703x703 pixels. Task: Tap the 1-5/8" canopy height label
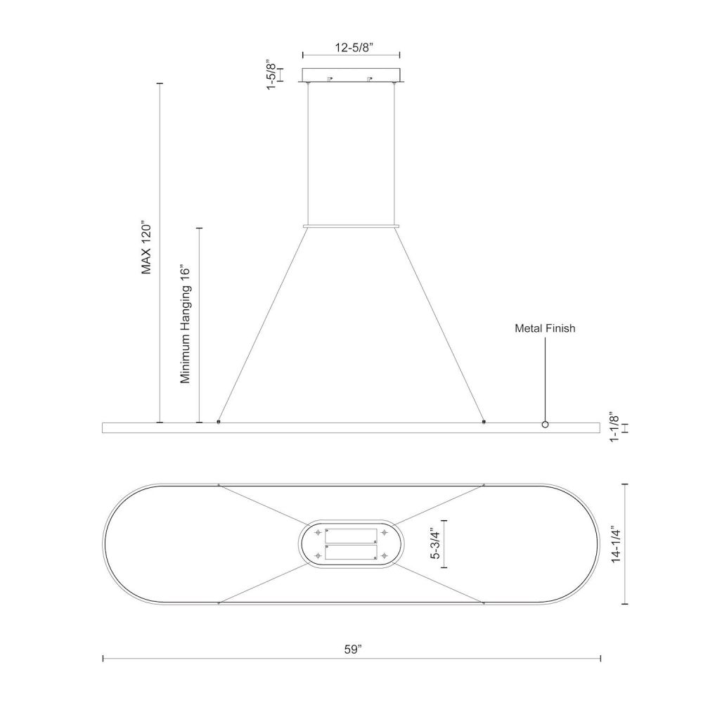point(272,74)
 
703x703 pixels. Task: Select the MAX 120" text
point(147,247)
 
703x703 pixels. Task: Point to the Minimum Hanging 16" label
point(186,323)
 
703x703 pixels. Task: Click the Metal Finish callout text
point(545,328)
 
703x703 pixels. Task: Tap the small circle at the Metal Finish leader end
point(546,424)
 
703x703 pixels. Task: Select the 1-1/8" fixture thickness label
point(614,427)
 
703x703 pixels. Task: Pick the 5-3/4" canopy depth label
point(435,544)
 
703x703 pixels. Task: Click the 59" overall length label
point(353,649)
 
